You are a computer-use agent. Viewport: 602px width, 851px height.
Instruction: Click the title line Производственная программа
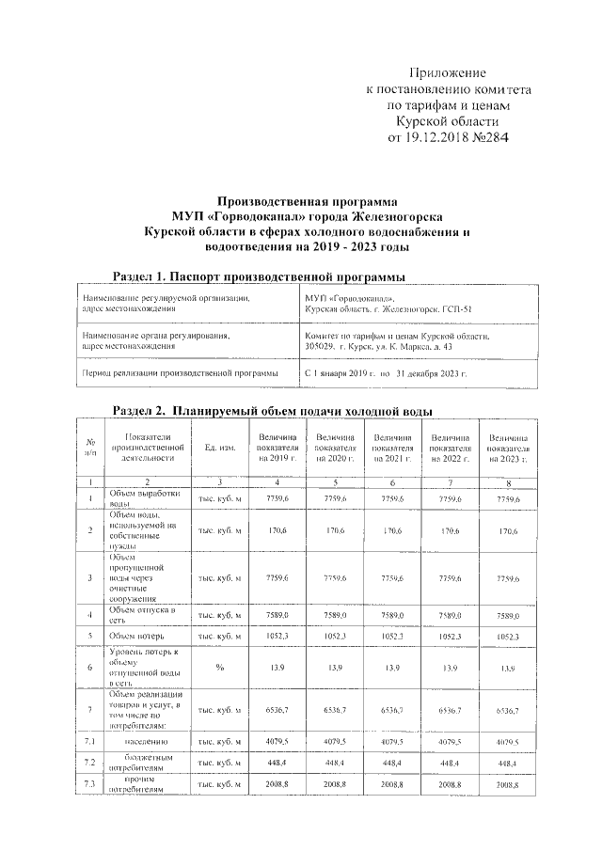307,200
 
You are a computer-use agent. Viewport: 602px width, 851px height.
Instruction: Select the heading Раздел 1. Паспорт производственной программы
259,277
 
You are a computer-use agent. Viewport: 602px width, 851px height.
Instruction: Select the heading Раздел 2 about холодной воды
272,412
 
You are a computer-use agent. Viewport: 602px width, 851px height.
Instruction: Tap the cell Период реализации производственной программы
180,373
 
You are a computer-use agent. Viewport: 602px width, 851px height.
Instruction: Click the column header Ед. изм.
219,448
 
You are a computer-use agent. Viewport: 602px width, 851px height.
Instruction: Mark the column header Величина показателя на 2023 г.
508,448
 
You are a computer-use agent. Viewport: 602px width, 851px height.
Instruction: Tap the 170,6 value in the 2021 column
391,531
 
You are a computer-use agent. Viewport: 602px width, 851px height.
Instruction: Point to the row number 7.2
88,763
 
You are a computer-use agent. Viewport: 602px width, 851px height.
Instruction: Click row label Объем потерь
141,636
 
